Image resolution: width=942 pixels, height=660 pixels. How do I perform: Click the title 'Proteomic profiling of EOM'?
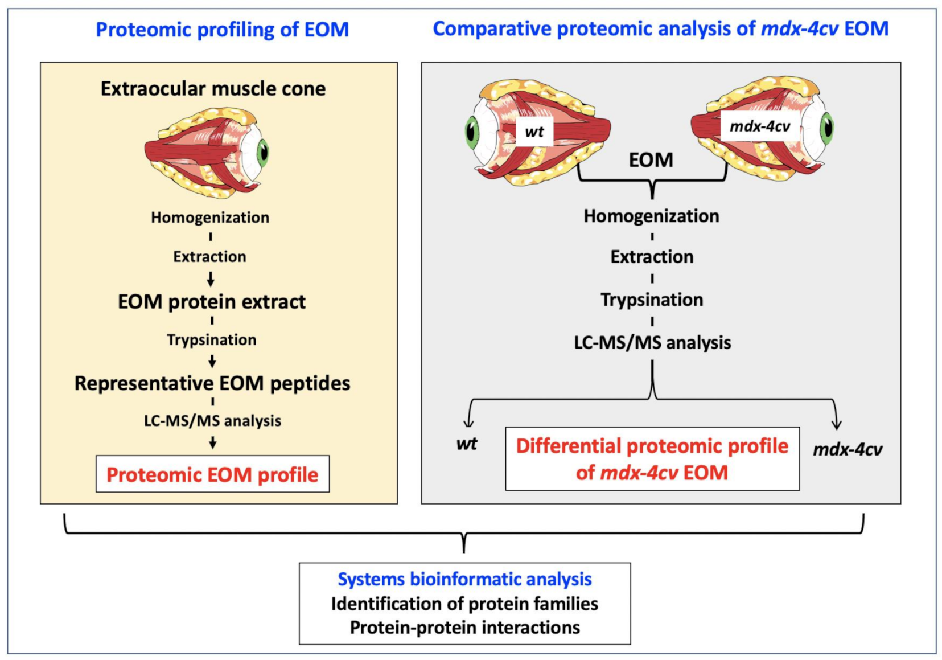222,30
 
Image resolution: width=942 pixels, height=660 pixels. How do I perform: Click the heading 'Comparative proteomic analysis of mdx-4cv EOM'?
660,28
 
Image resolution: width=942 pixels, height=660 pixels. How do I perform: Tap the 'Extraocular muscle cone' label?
213,89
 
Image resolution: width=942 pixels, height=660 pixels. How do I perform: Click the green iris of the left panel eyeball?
262,152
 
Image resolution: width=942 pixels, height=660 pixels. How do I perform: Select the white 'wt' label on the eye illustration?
534,132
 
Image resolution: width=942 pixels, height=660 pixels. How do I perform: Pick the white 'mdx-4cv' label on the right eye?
759,126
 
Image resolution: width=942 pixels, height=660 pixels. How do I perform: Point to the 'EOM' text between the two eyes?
651,160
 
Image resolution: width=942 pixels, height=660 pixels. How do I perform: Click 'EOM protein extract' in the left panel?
211,301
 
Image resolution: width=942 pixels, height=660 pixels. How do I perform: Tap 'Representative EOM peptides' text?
212,383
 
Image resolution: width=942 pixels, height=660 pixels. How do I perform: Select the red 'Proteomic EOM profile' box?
212,474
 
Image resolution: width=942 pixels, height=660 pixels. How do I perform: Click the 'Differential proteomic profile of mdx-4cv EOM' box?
652,459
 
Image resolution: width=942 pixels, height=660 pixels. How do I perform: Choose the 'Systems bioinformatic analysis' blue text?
464,579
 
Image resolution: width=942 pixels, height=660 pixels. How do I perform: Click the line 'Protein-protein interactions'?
464,628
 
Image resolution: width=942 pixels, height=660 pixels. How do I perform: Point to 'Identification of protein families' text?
464,604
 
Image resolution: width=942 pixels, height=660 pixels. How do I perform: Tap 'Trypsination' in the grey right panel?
652,300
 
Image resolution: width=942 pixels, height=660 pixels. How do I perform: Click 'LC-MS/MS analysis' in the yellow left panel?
212,421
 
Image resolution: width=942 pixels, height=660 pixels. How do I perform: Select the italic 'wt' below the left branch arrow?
467,444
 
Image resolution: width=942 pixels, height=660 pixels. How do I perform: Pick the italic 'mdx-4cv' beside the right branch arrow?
847,449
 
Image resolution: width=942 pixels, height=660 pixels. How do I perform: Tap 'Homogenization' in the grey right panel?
651,216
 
